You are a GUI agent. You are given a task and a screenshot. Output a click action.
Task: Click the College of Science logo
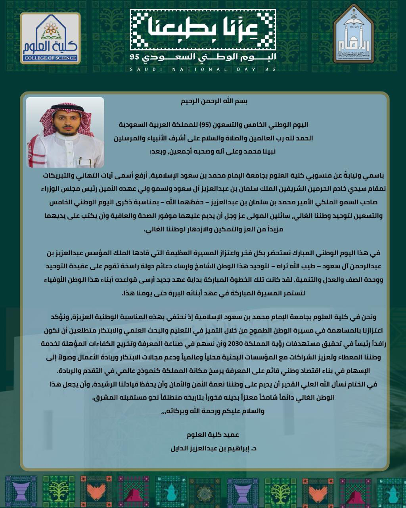(x=50, y=38)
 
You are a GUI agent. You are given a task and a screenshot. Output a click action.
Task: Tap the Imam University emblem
(x=354, y=35)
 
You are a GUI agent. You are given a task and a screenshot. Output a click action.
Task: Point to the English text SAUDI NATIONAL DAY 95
(x=203, y=69)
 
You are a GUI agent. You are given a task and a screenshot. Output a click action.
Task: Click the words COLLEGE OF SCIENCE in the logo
(x=50, y=58)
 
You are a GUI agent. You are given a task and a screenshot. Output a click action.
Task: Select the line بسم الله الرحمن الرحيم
(x=214, y=101)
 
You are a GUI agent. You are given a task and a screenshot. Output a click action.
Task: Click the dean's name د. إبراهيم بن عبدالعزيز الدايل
(x=214, y=449)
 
